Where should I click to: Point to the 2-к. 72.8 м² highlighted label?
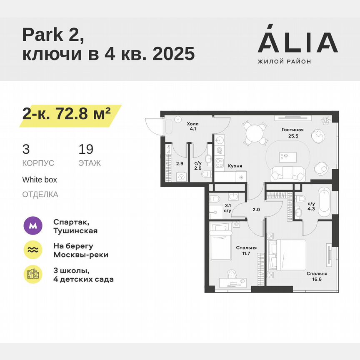click(x=67, y=113)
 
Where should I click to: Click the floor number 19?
click(x=86, y=149)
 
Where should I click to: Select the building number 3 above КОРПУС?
click(x=26, y=149)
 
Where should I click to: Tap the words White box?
click(x=40, y=180)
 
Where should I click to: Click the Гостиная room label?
click(x=292, y=130)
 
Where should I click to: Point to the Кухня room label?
click(x=235, y=166)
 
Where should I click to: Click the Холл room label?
click(x=192, y=123)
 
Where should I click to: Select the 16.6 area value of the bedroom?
click(x=317, y=280)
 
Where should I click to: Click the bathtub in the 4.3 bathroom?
click(x=324, y=202)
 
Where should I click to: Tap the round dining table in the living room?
click(x=255, y=134)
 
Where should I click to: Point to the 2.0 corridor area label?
click(x=256, y=210)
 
